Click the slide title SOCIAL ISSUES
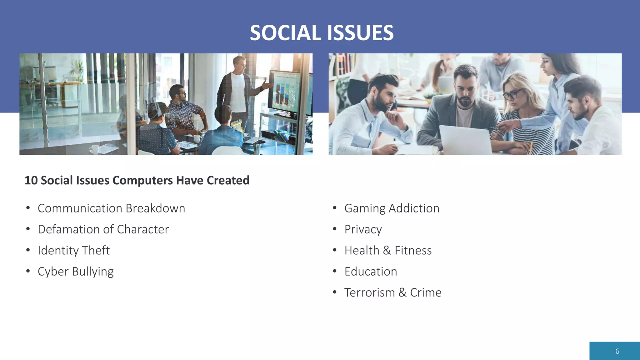click(x=322, y=33)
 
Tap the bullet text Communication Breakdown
click(x=111, y=208)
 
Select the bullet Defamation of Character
click(x=103, y=229)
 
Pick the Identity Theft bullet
click(x=74, y=251)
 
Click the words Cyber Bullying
click(x=76, y=272)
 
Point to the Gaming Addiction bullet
click(x=392, y=208)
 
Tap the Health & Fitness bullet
click(x=388, y=251)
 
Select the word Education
click(x=371, y=272)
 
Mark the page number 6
click(x=617, y=351)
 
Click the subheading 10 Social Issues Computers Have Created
click(x=137, y=180)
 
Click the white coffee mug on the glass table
click(x=94, y=149)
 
